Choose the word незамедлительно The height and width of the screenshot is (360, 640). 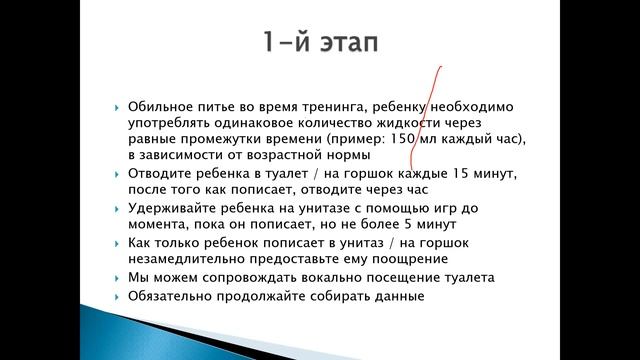[184, 259]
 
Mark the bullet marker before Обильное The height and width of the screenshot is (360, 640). [118, 106]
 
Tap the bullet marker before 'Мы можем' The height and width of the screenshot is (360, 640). [118, 277]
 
